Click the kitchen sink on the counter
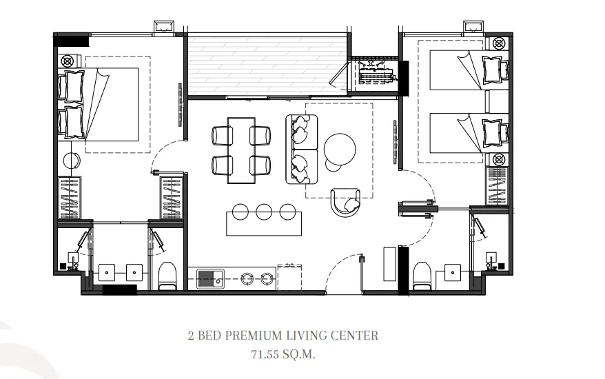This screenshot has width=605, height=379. pyautogui.click(x=210, y=279)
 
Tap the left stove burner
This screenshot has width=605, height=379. pyautogui.click(x=247, y=278)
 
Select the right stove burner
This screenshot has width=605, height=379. pyautogui.click(x=266, y=278)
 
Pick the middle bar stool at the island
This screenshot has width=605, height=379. pyautogui.click(x=264, y=212)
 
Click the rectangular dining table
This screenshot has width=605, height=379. pyautogui.click(x=241, y=150)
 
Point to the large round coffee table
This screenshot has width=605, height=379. pyautogui.click(x=340, y=149)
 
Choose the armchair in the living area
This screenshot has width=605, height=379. pyautogui.click(x=346, y=202)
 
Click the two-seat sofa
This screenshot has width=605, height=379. pyautogui.click(x=302, y=149)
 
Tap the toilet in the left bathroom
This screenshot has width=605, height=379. pyautogui.click(x=167, y=276)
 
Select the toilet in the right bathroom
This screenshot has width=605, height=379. pyautogui.click(x=421, y=276)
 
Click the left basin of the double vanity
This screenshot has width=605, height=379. pyautogui.click(x=107, y=272)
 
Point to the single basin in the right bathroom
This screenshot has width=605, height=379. pyautogui.click(x=453, y=272)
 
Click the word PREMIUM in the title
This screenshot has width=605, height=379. pyautogui.click(x=254, y=336)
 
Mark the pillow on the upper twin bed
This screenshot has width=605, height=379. pyautogui.click(x=495, y=70)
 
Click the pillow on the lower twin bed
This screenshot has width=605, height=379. pyautogui.click(x=495, y=132)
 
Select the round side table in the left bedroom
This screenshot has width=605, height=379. pyautogui.click(x=72, y=161)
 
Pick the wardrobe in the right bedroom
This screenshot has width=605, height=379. pyautogui.click(x=497, y=187)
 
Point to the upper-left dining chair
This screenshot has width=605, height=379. pyautogui.click(x=223, y=136)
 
